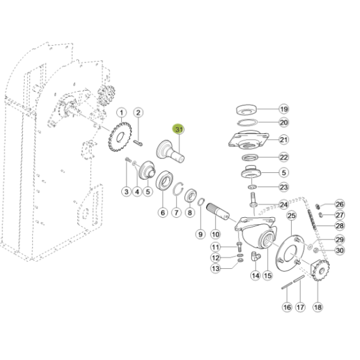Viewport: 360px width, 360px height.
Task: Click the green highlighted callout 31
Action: click(179, 130)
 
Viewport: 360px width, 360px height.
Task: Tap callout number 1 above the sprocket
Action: click(121, 113)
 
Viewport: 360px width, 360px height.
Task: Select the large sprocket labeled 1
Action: click(120, 137)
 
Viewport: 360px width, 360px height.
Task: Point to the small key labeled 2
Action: click(139, 143)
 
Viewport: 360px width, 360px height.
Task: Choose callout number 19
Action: click(284, 109)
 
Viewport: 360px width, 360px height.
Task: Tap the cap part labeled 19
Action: click(246, 110)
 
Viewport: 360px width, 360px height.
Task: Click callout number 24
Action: click(284, 205)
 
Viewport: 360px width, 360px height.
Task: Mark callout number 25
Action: click(292, 215)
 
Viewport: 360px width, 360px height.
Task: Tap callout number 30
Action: click(340, 250)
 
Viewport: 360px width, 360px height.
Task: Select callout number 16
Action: click(287, 307)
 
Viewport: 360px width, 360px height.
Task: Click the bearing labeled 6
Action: click(164, 181)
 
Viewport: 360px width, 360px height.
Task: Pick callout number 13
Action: click(215, 268)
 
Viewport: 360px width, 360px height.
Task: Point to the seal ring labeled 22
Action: click(250, 158)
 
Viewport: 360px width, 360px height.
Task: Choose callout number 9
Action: click(200, 234)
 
